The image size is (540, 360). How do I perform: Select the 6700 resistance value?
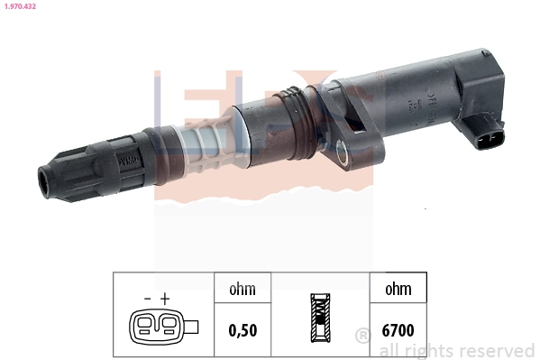pos(398,329)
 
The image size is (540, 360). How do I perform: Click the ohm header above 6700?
pos(398,290)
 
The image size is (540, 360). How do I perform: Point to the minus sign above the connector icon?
pos(147,298)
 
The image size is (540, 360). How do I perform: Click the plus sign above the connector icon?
pos(165,298)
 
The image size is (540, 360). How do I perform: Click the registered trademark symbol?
pos(362,337)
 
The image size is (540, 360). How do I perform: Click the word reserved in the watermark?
pos(496,349)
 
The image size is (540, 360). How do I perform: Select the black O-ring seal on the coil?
pos(287,95)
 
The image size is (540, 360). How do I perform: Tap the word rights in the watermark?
pos(430,349)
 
